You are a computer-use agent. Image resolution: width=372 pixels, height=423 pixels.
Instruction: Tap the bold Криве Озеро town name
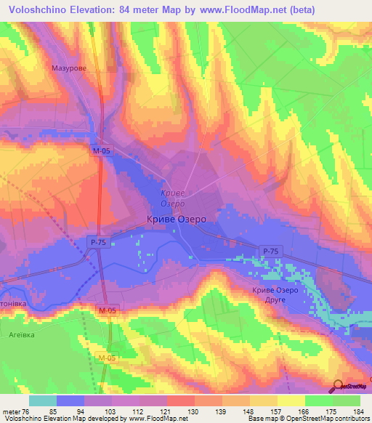click(x=177, y=219)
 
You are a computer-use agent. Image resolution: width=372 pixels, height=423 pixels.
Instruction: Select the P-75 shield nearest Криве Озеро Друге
click(x=270, y=251)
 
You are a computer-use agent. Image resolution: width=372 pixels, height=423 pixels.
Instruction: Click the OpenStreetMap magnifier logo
click(x=338, y=385)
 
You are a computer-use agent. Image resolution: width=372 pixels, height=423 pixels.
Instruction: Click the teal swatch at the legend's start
click(x=43, y=400)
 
